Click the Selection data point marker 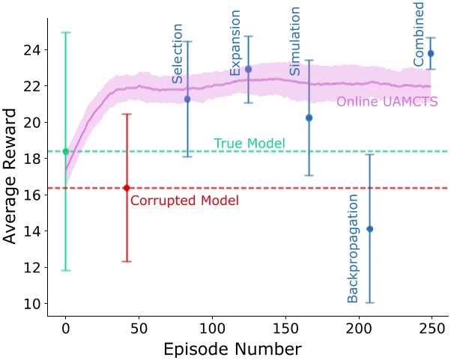point(187,99)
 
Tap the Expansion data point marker point(249,69)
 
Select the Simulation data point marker point(309,118)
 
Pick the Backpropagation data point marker point(369,228)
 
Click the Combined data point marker point(431,53)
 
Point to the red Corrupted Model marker point(127,187)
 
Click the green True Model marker point(66,151)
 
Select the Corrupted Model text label point(184,201)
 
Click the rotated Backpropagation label point(354,248)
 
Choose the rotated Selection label point(178,53)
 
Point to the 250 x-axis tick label point(431,328)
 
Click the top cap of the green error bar point(66,32)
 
